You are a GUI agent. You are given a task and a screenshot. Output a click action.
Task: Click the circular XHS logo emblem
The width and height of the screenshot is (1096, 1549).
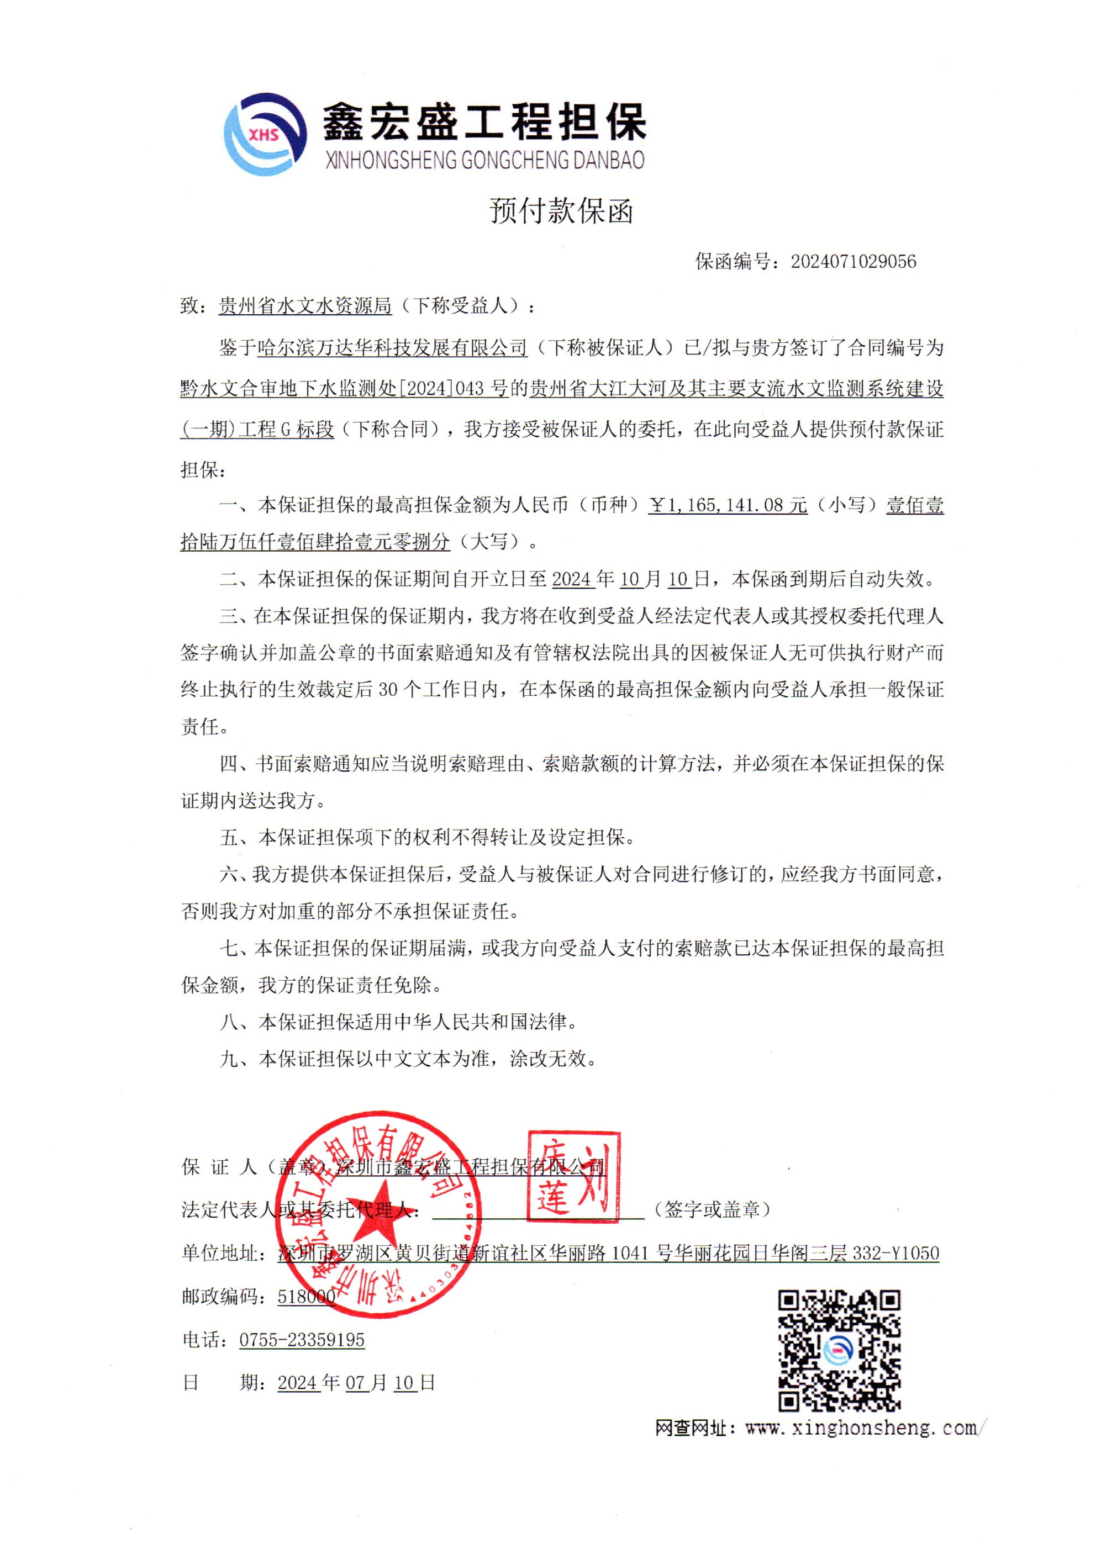coord(262,134)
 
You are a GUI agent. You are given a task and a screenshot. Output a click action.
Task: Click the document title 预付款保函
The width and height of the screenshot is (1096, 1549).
coord(561,211)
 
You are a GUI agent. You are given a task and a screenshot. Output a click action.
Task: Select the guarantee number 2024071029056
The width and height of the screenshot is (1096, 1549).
coord(853,262)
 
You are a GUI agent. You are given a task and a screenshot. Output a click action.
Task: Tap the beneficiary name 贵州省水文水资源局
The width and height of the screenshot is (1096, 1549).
coord(305,306)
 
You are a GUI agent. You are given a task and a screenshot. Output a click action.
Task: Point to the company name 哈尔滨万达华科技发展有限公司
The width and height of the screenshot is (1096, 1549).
coord(392,348)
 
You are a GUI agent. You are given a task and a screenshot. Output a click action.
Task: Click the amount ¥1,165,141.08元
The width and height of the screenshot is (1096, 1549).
coord(728,505)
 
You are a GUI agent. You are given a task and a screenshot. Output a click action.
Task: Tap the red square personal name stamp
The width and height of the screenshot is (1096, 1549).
coord(573,1177)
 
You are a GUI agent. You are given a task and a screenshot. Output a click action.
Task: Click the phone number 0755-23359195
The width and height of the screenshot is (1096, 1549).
coord(302,1340)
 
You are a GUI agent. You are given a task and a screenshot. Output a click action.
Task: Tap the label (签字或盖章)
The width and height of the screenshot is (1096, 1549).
coord(712,1209)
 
